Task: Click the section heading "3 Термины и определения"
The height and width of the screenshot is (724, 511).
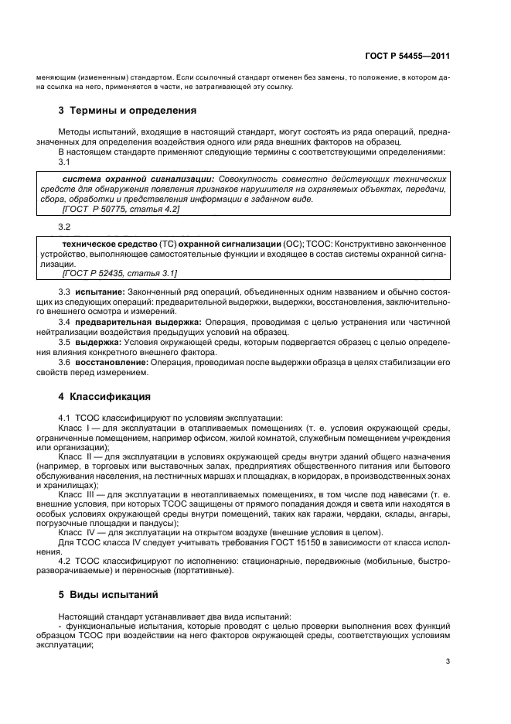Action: pos(128,110)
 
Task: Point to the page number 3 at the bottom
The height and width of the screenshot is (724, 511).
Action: pos(448,661)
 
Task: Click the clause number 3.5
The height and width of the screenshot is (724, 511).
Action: pos(66,341)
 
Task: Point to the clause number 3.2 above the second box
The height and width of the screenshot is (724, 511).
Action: pos(65,227)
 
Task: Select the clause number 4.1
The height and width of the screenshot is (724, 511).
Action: pos(66,418)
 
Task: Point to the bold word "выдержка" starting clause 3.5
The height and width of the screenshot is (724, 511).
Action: pos(97,341)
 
